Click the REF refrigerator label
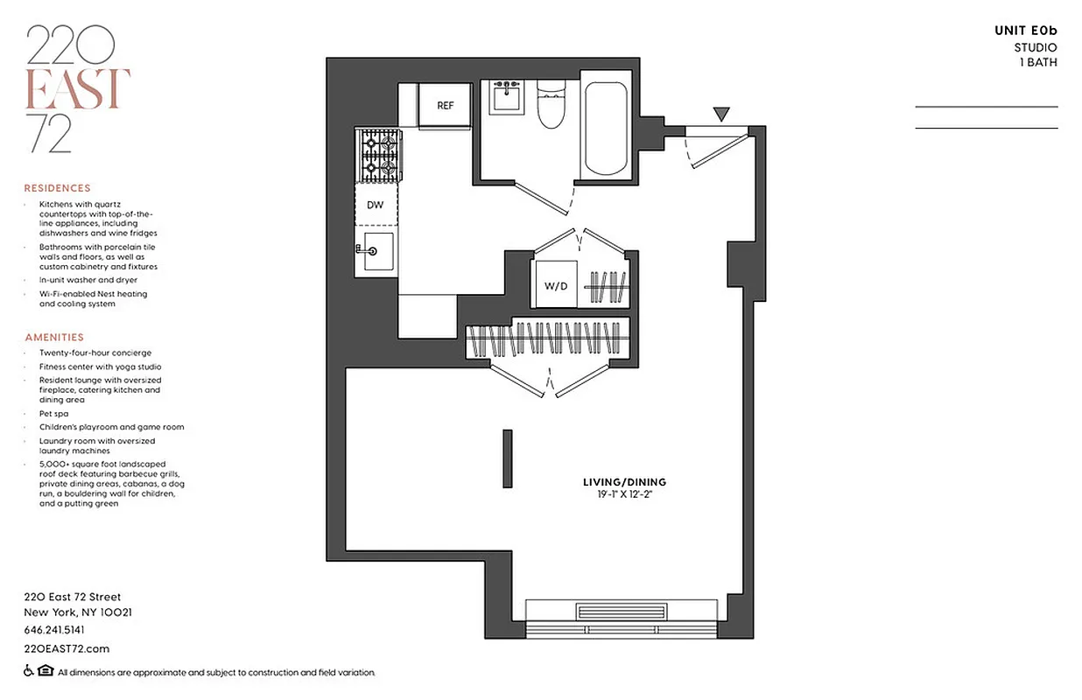point(445,106)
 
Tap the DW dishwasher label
point(375,206)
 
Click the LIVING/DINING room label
point(624,482)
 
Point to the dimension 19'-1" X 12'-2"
point(624,495)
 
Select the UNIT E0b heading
point(1025,31)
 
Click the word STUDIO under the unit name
point(1035,47)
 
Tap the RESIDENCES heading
point(57,188)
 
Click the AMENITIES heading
point(54,337)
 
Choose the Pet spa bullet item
point(54,413)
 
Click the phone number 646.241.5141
point(54,630)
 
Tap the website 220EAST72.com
point(67,648)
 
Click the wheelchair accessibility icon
point(29,672)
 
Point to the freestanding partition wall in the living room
point(507,458)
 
